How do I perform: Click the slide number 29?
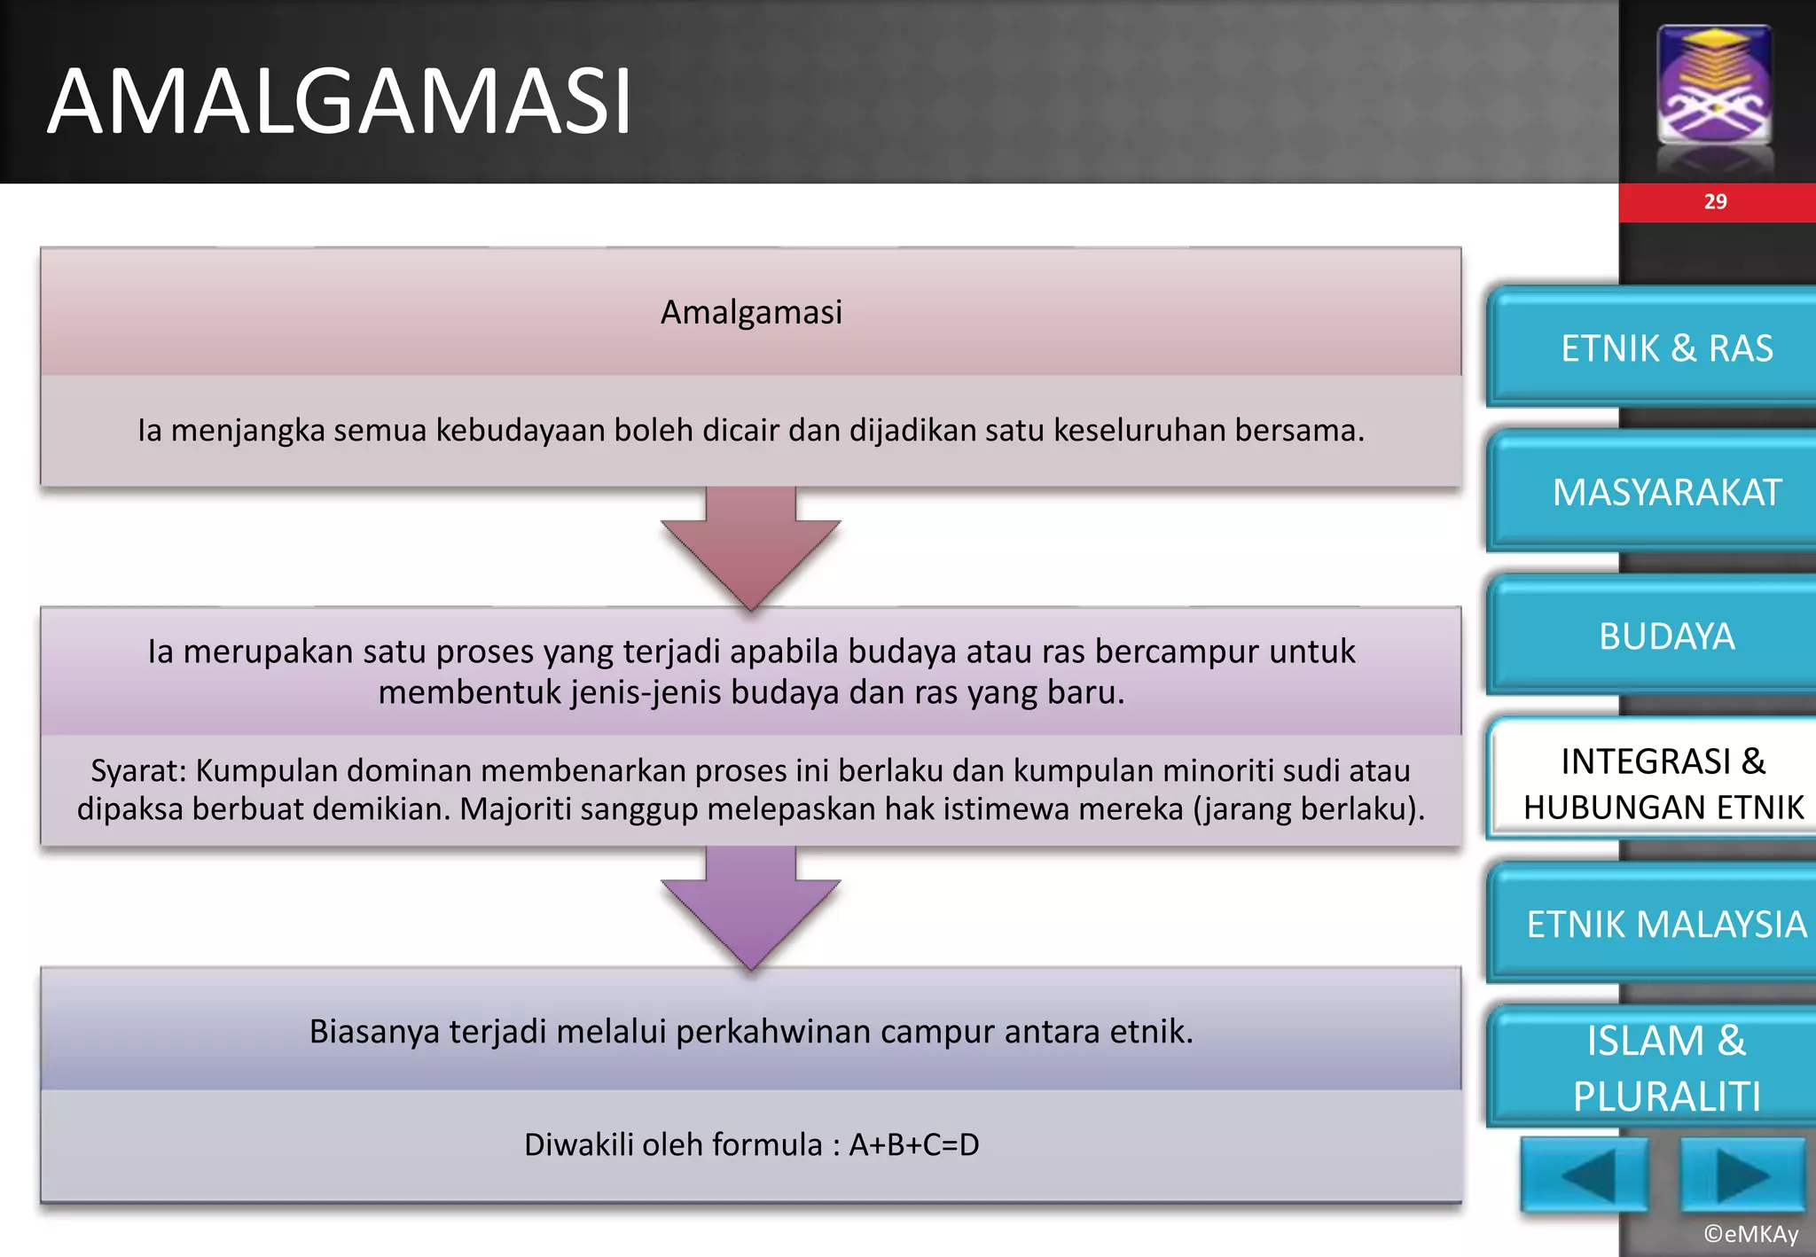point(1715,202)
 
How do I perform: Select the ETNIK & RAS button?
point(1665,347)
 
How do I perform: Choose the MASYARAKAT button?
point(1665,492)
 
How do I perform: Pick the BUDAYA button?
point(1665,636)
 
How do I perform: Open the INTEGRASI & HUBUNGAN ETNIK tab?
point(1663,784)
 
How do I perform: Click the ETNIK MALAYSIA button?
point(1665,924)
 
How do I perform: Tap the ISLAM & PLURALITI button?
point(1665,1067)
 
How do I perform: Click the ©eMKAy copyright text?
point(1750,1233)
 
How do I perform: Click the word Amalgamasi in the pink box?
point(751,312)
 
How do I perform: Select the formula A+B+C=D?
point(913,1144)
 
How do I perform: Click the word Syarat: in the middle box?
point(138,770)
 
